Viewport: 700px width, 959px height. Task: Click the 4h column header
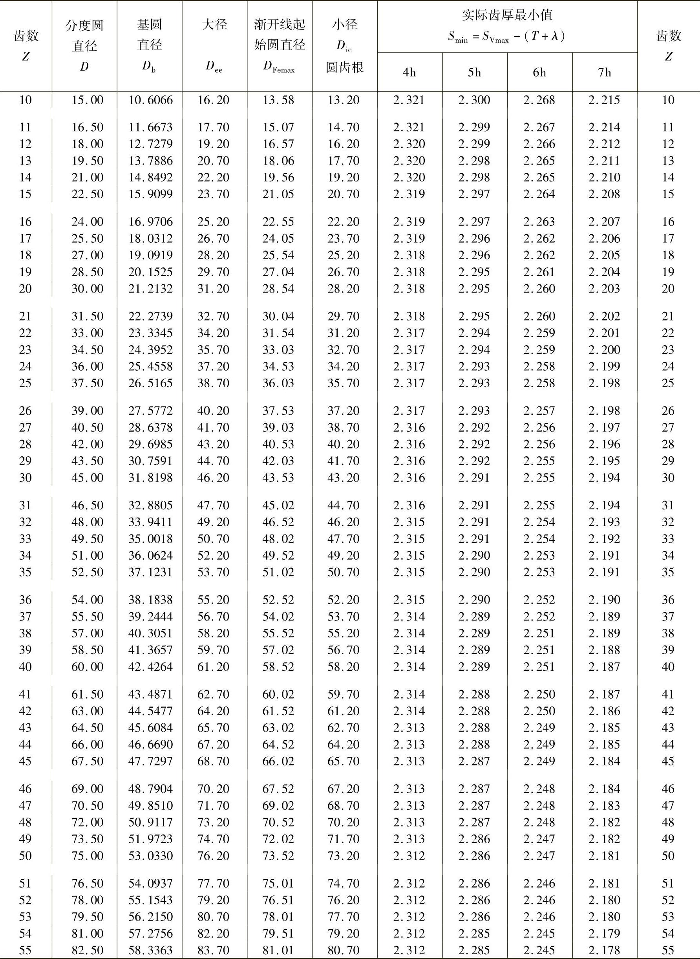(409, 73)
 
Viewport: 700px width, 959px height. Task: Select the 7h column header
(605, 73)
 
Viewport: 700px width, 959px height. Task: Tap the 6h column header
(539, 73)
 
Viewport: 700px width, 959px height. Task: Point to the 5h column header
(475, 73)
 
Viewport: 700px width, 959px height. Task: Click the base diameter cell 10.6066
(150, 100)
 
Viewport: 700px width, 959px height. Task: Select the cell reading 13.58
(278, 100)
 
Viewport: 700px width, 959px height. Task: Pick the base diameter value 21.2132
(150, 289)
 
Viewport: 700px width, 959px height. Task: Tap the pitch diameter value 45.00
(87, 478)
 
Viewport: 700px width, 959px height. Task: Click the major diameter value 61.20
(213, 666)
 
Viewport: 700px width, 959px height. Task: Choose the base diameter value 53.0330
(150, 856)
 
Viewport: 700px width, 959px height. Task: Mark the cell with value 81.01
(278, 950)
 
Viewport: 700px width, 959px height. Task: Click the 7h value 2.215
(604, 100)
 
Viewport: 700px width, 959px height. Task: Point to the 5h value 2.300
(474, 100)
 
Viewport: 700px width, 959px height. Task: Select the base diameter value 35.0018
(150, 539)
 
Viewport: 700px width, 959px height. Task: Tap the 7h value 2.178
(604, 950)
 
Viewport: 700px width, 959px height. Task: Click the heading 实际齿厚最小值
(507, 16)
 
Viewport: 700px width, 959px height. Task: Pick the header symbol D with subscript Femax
(279, 66)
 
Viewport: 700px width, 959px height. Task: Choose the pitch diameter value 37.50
(87, 383)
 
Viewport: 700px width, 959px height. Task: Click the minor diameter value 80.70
(343, 950)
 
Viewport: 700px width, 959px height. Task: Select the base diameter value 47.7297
(150, 761)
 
